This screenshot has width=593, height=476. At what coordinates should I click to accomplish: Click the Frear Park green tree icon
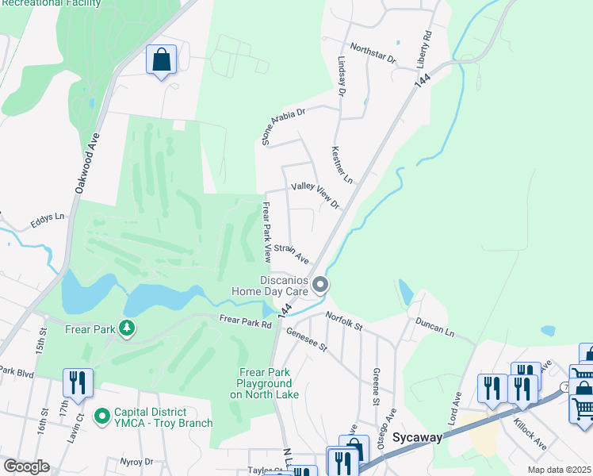(x=125, y=328)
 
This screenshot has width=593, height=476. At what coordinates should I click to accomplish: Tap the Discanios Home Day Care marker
(x=320, y=284)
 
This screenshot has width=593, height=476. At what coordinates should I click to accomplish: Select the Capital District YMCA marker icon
(x=101, y=416)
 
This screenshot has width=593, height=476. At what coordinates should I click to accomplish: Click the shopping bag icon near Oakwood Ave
(x=161, y=60)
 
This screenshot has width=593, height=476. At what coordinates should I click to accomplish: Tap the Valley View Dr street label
(x=315, y=194)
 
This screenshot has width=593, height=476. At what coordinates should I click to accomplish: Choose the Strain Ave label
(x=291, y=253)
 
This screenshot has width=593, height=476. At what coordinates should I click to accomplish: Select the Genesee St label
(x=307, y=339)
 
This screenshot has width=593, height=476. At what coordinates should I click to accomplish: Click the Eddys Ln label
(x=48, y=217)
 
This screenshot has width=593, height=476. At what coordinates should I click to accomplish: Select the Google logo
(x=26, y=466)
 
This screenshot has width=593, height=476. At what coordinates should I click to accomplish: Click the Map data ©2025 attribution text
(x=559, y=470)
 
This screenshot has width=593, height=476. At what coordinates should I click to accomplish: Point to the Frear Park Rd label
(x=245, y=321)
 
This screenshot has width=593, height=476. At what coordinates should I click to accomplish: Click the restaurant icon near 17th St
(x=78, y=382)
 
